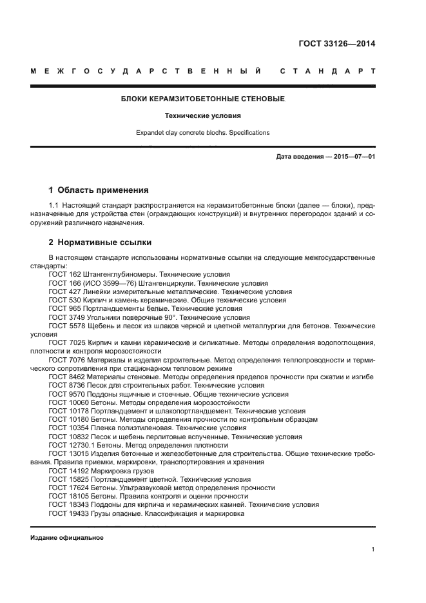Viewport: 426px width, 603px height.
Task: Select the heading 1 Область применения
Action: pos(99,190)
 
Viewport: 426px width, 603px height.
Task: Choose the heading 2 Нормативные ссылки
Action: pos(101,242)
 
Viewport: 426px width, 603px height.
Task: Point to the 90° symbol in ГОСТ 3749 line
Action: pos(169,317)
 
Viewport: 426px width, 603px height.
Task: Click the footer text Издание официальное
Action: pos(67,537)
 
